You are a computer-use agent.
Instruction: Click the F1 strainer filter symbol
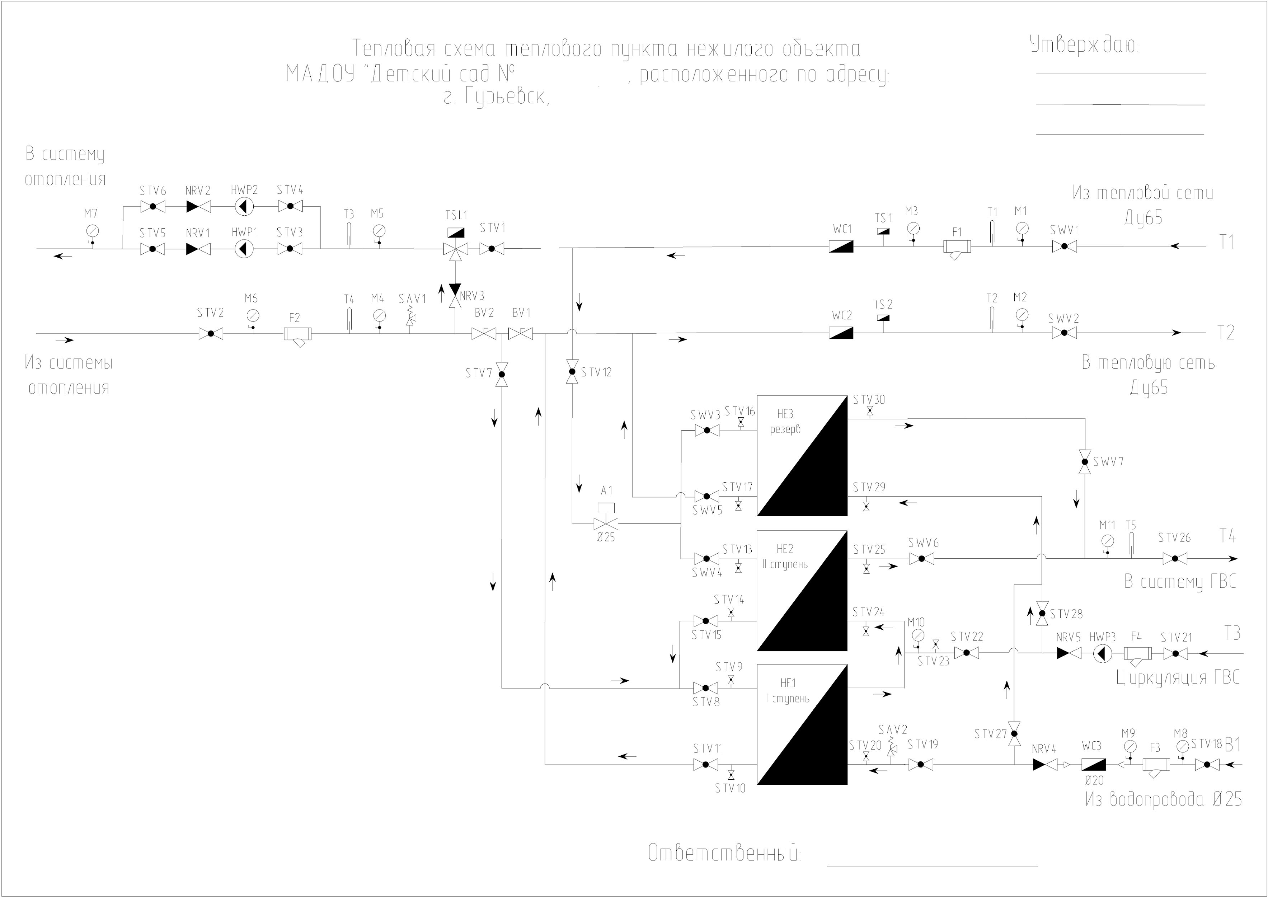[x=957, y=249]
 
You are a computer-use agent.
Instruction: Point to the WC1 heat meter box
[x=841, y=246]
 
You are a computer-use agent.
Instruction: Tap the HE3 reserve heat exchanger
[x=802, y=456]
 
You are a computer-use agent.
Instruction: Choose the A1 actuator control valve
[x=606, y=516]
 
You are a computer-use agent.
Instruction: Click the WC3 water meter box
[x=1094, y=765]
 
